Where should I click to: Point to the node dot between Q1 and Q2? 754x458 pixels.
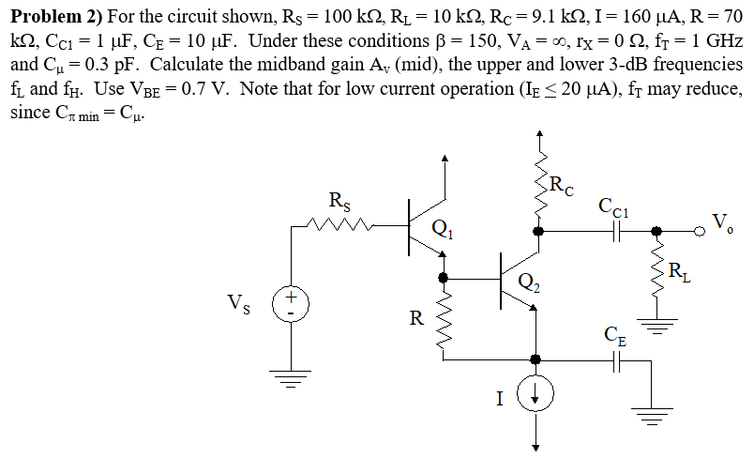point(443,278)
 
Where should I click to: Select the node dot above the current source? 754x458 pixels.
point(536,358)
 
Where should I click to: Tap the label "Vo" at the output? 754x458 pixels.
point(722,221)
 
